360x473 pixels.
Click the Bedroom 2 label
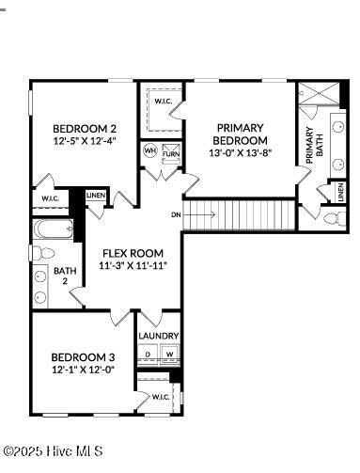click(x=84, y=129)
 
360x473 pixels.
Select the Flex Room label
click(x=133, y=253)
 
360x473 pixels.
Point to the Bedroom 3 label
click(x=83, y=357)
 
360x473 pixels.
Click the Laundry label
click(x=159, y=336)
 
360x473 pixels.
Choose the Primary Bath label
click(x=312, y=149)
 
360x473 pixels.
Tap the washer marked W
click(x=170, y=355)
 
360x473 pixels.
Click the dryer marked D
click(x=149, y=355)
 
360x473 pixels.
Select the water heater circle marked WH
click(x=149, y=150)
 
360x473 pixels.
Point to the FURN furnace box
click(x=170, y=152)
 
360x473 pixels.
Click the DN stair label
click(x=176, y=215)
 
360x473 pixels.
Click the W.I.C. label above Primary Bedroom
click(x=162, y=102)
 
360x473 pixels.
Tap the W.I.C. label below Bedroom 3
click(x=161, y=397)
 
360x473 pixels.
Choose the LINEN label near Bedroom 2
click(x=96, y=196)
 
